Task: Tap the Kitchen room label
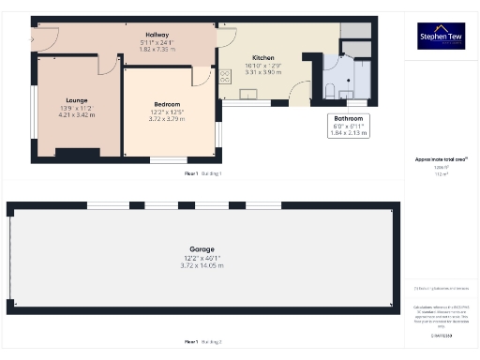click(236, 57)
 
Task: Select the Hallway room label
click(143, 34)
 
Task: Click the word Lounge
click(77, 99)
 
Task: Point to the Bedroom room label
click(167, 103)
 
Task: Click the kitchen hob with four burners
click(224, 79)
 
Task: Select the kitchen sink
click(249, 93)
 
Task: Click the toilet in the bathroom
click(333, 89)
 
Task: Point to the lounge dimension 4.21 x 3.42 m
click(77, 115)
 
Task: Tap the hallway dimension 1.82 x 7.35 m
click(143, 49)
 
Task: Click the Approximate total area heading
click(441, 159)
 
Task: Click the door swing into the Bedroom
click(202, 78)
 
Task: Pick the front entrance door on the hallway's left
click(45, 39)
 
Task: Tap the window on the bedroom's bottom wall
click(162, 159)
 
